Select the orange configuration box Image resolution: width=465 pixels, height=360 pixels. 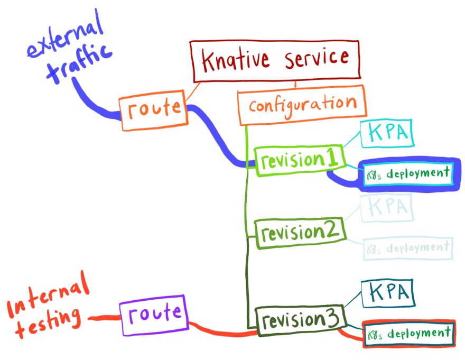click(302, 103)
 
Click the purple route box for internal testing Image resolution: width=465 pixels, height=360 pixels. click(152, 315)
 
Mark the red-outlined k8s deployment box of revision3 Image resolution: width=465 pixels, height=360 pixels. click(407, 334)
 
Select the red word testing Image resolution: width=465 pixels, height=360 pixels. click(48, 321)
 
